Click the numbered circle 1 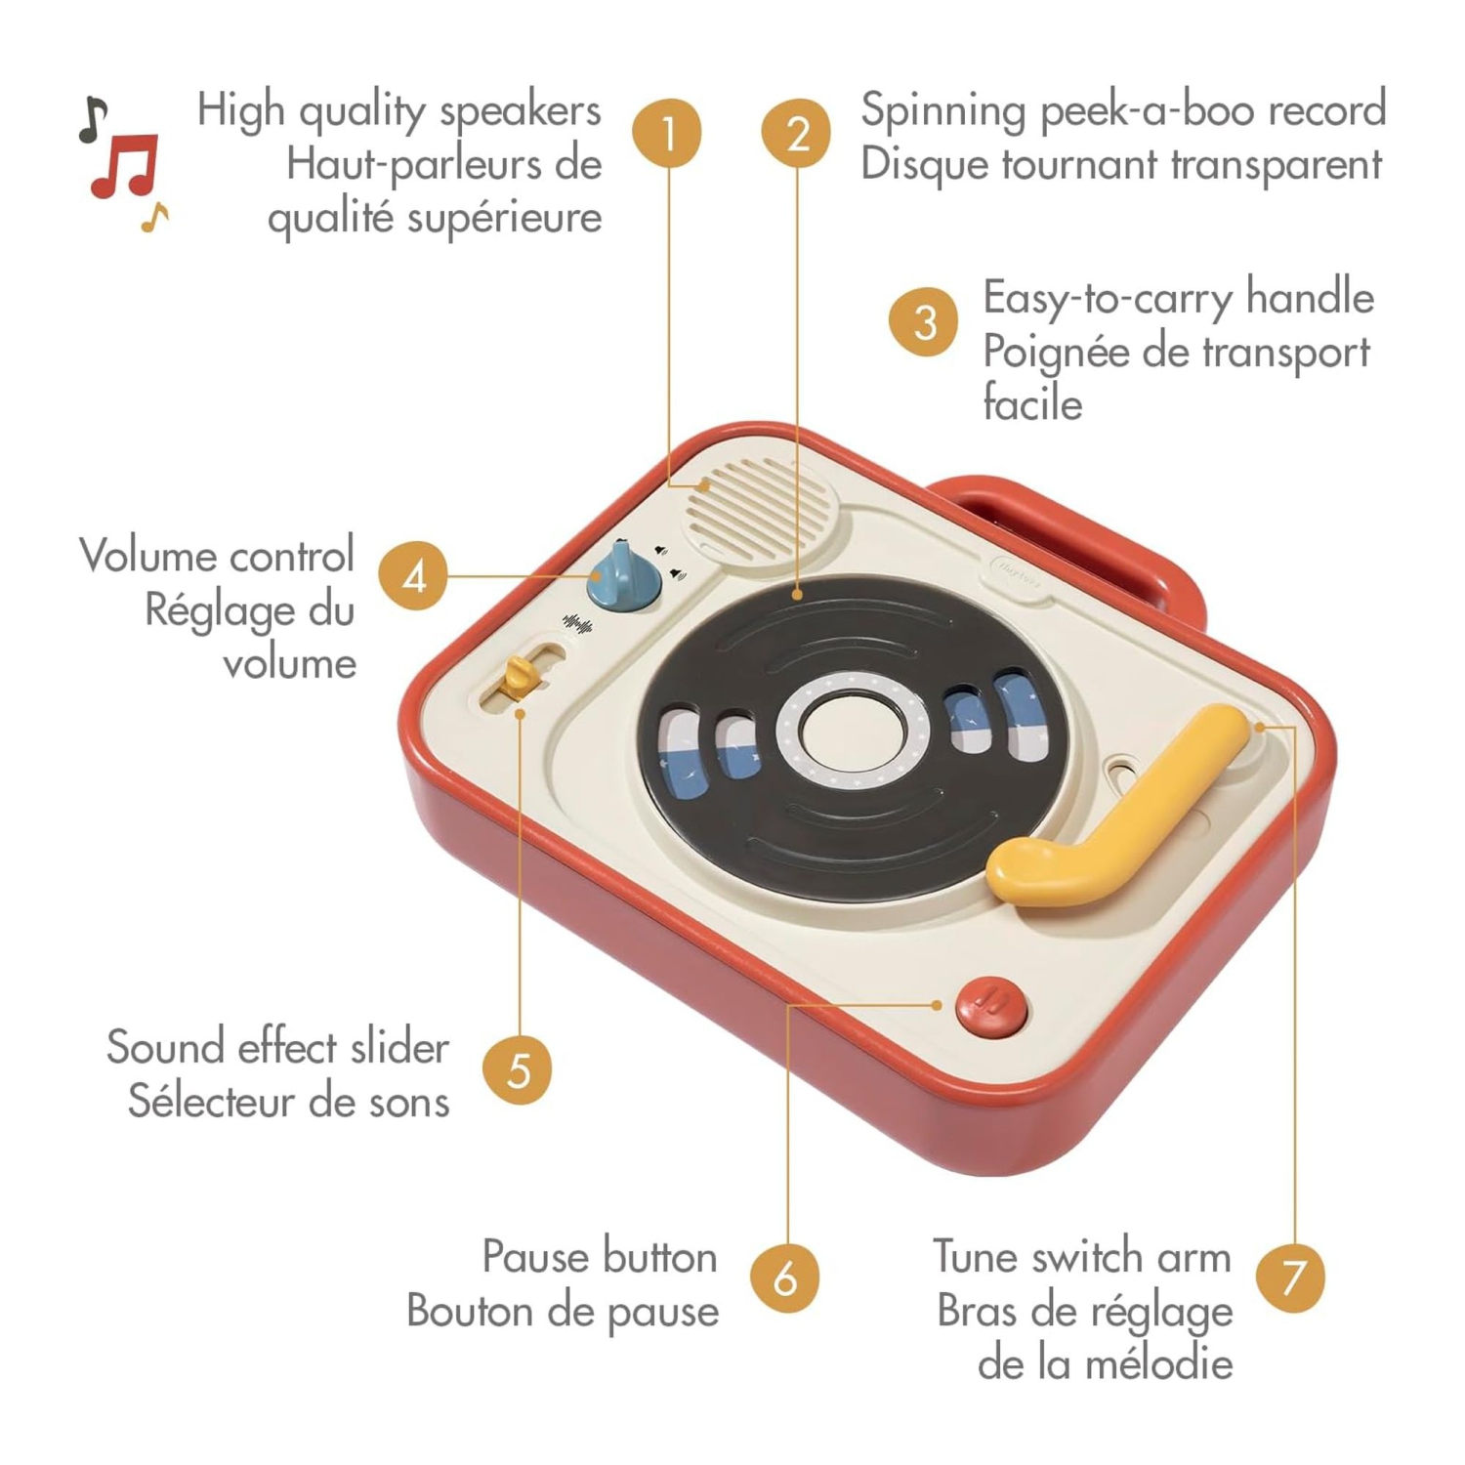click(x=667, y=133)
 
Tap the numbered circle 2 click(x=797, y=133)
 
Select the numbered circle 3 click(x=924, y=321)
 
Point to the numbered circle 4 click(x=414, y=575)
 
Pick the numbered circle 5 click(x=518, y=1069)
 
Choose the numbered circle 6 click(x=785, y=1277)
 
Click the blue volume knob click(x=623, y=577)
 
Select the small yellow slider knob click(x=520, y=677)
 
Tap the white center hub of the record click(x=852, y=732)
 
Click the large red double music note click(x=125, y=166)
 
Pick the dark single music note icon click(x=92, y=119)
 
